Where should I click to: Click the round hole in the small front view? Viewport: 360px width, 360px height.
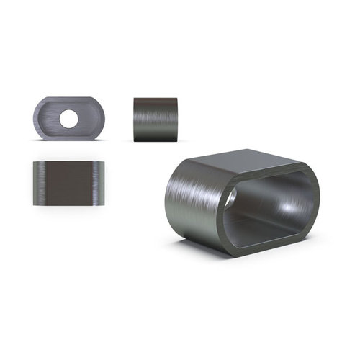click(70, 118)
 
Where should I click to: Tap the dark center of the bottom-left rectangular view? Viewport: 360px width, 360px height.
click(69, 184)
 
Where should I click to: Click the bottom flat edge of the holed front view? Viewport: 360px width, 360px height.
click(69, 137)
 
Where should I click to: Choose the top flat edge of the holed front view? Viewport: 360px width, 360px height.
click(69, 99)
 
